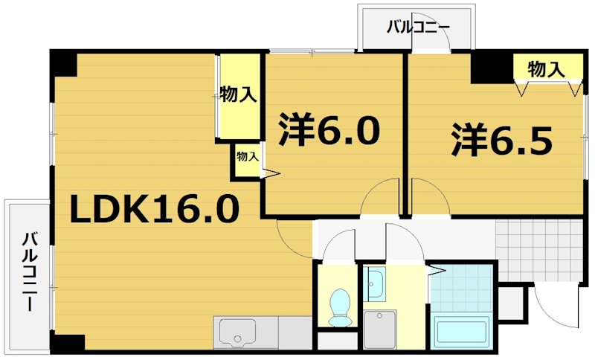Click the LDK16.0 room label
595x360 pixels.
[x=155, y=210]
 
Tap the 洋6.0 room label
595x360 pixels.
[x=329, y=131]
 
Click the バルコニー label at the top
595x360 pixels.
[x=418, y=28]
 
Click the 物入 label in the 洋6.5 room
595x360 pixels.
[x=545, y=69]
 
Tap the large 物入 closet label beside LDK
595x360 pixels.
[x=238, y=95]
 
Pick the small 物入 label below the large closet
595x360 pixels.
[x=247, y=157]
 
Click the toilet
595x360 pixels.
[x=341, y=306]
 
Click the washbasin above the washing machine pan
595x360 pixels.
[x=375, y=282]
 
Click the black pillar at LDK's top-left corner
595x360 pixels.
[x=65, y=64]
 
